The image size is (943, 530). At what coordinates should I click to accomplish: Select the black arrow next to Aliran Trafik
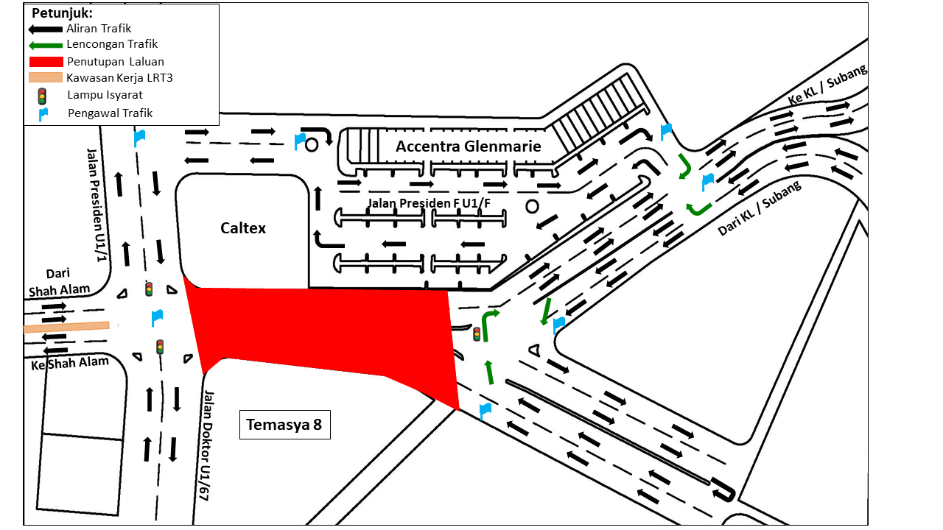45,29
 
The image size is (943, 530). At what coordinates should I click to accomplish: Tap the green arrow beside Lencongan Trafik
45,45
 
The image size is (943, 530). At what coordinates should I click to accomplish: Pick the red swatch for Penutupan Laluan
45,61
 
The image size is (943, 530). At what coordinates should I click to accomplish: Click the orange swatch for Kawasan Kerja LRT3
45,77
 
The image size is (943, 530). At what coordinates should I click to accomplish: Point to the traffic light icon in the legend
42,96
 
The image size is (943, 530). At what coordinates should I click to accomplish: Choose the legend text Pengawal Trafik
110,113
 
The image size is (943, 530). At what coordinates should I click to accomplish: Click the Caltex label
243,228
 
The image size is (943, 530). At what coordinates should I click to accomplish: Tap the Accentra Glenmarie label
468,146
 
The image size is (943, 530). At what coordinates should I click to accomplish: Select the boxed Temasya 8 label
284,425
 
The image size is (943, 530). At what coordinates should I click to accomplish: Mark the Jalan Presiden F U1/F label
440,202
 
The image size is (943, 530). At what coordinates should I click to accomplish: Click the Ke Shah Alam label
70,363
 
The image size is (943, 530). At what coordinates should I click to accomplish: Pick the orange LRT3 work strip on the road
66,326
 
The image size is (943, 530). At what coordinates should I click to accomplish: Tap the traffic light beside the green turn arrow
477,334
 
